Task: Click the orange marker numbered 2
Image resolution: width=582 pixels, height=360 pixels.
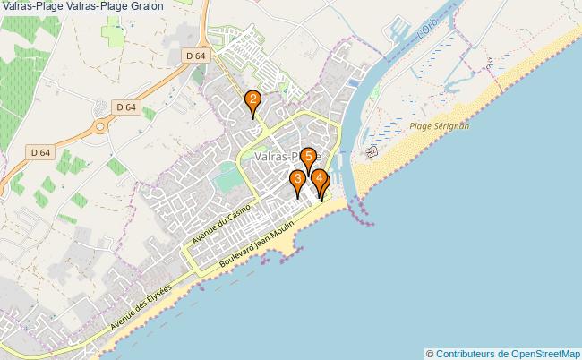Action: point(253,101)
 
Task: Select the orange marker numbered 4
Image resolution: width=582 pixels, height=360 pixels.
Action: point(319,179)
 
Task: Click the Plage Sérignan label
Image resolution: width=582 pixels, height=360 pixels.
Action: point(439,126)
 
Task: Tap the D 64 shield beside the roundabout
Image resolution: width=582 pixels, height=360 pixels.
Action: point(125,107)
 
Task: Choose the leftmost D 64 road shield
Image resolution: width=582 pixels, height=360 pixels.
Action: point(39,152)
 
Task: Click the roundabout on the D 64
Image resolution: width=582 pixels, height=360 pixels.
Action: point(98,126)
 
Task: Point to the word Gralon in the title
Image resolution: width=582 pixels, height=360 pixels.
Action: point(144,6)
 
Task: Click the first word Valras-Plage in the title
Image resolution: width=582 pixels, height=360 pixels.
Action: point(30,6)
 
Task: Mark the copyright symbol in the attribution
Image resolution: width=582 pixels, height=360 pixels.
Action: point(431,353)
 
